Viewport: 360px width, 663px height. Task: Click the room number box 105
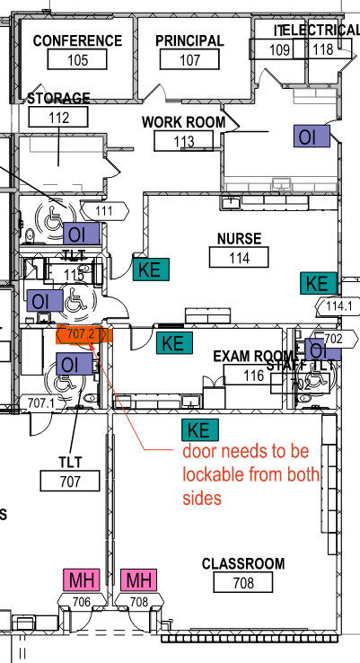78,60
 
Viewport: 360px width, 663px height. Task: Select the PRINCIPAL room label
189,41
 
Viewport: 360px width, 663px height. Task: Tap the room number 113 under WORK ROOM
183,141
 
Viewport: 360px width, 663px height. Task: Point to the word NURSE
239,239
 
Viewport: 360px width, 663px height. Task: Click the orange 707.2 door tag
83,336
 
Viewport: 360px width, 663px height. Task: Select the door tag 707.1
41,403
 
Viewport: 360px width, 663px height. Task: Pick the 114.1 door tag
340,305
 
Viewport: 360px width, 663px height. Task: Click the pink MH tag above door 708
138,579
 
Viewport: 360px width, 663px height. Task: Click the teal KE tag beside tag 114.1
316,283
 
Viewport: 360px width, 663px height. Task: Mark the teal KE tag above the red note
198,429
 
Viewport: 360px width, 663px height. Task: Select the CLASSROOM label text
243,564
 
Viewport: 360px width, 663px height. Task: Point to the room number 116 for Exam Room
254,376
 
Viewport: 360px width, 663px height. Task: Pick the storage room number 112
58,117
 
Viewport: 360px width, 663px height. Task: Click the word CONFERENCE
77,41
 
